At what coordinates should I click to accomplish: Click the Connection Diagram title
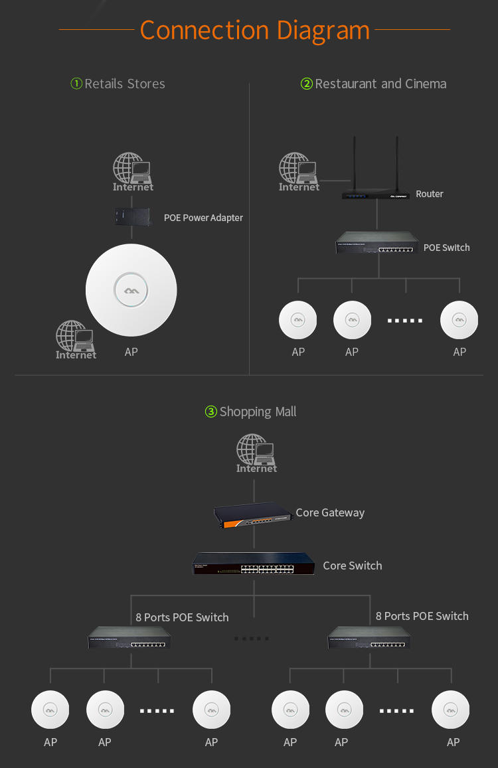click(254, 31)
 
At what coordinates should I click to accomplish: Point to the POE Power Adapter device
click(132, 216)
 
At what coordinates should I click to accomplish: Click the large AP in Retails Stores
click(131, 290)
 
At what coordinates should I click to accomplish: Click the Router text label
click(430, 194)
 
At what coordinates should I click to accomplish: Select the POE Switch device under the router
click(377, 242)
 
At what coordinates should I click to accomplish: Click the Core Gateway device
click(252, 514)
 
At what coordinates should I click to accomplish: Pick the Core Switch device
click(254, 564)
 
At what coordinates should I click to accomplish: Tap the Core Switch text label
click(353, 566)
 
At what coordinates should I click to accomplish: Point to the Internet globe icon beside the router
click(299, 171)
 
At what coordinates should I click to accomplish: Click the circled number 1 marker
click(76, 83)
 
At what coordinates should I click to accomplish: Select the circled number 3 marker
click(210, 412)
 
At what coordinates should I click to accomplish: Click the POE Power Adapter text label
click(203, 218)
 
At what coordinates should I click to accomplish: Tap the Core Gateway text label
click(331, 513)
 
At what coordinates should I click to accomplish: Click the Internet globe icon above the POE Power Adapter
click(133, 171)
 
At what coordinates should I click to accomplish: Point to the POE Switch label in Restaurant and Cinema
click(446, 248)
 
